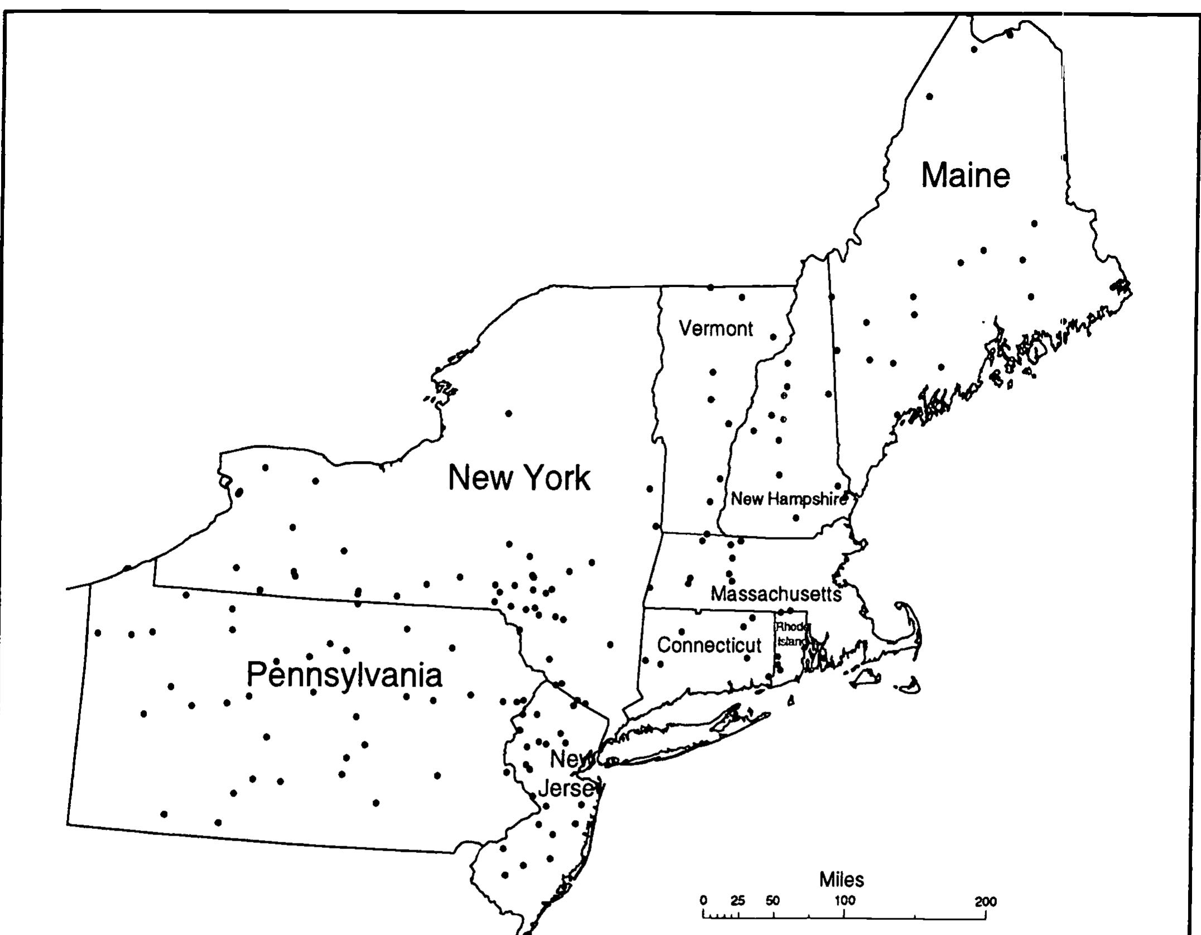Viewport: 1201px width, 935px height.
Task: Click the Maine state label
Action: pos(965,175)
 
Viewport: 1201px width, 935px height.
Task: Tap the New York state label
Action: pos(519,478)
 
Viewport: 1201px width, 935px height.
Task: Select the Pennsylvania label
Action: pos(344,675)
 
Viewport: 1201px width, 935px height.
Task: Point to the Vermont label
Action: pos(716,329)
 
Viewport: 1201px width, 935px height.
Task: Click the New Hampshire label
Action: pos(789,499)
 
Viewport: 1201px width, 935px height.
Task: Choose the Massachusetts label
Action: pos(776,594)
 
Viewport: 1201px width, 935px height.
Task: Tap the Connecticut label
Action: pos(709,645)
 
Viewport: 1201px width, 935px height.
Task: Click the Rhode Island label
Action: pos(792,634)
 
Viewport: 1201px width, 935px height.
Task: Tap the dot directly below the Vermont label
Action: pos(713,372)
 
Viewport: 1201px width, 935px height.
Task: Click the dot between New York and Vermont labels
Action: pos(649,489)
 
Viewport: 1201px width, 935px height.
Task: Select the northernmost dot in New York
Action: pos(508,413)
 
